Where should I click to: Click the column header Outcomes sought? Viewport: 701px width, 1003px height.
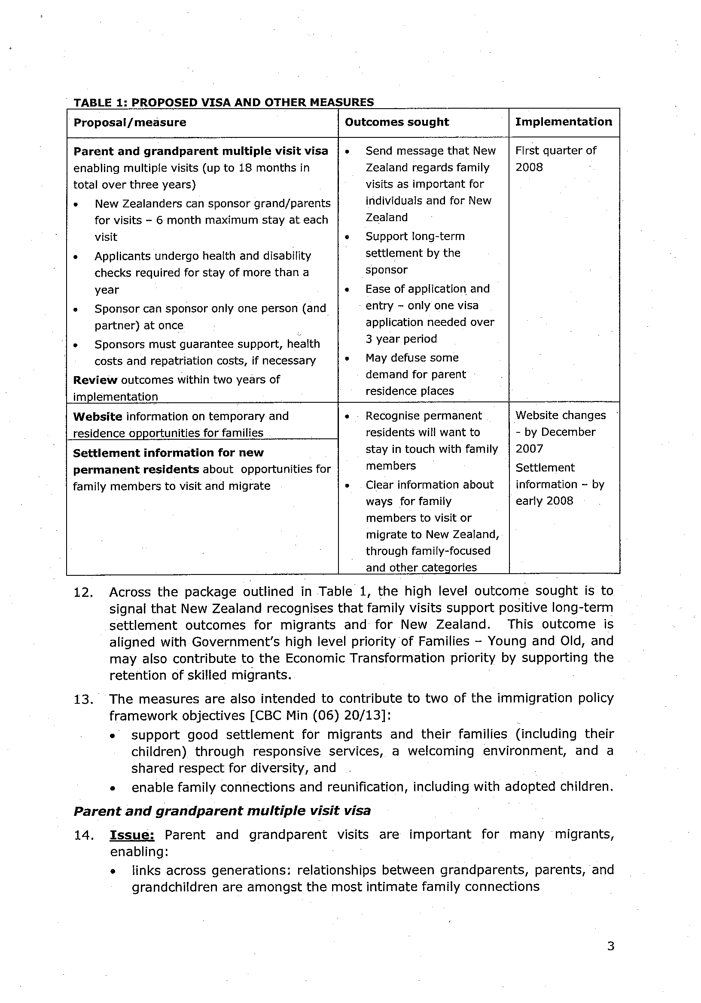click(x=396, y=122)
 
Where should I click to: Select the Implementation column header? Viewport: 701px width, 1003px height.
click(x=564, y=122)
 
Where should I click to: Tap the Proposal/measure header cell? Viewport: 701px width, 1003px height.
click(x=130, y=122)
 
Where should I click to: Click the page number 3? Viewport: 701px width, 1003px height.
click(x=610, y=946)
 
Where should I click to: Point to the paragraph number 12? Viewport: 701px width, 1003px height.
click(x=83, y=593)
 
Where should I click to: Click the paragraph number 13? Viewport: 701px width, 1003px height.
click(x=83, y=699)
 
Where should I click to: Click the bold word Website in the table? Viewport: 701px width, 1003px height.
click(x=98, y=416)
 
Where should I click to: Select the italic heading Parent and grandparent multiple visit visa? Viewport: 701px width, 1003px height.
click(x=222, y=811)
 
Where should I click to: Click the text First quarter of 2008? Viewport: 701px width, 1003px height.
click(x=555, y=158)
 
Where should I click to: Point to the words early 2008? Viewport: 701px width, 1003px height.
click(x=544, y=501)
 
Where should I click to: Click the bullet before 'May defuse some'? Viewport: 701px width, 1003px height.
click(x=347, y=359)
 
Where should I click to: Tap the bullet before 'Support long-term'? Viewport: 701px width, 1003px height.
click(x=347, y=237)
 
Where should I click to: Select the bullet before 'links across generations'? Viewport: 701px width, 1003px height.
click(x=113, y=871)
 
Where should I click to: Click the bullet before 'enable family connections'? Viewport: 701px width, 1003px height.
click(x=113, y=788)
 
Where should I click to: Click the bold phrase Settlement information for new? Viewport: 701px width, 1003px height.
click(x=168, y=453)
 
